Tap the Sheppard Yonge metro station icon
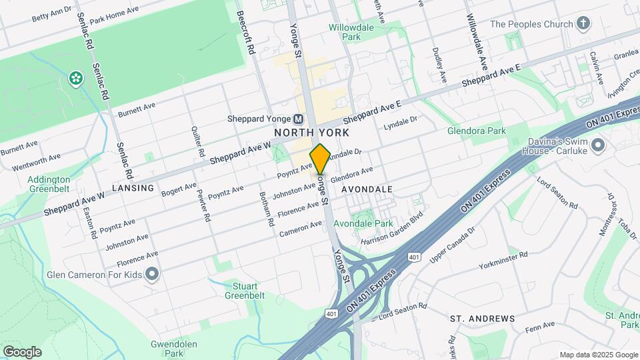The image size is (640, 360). click(x=298, y=119)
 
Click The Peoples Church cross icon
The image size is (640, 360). click(x=583, y=25)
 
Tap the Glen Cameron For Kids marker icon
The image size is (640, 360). click(x=152, y=274)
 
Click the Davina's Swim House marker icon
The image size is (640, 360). click(x=597, y=145)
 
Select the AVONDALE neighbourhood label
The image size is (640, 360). click(x=367, y=189)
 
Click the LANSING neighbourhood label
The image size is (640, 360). click(x=133, y=188)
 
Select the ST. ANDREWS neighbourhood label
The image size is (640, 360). click(x=482, y=319)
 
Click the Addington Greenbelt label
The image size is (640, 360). click(x=49, y=184)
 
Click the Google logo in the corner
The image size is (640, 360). click(x=22, y=351)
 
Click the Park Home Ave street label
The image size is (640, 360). click(x=113, y=15)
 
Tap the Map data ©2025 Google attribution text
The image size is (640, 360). click(x=598, y=355)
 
